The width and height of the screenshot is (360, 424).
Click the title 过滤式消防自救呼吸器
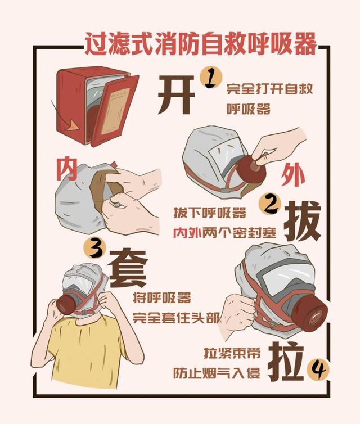pyautogui.click(x=200, y=43)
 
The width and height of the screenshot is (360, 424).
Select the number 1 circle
pyautogui.click(x=211, y=78)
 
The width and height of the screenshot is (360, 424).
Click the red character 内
pyautogui.click(x=66, y=168)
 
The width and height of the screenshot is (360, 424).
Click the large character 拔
pyautogui.click(x=302, y=222)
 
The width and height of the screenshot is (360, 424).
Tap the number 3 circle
pyautogui.click(x=94, y=247)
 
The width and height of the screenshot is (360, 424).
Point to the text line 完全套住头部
pyautogui.click(x=177, y=317)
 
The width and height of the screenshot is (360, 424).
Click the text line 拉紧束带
pyautogui.click(x=231, y=353)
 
